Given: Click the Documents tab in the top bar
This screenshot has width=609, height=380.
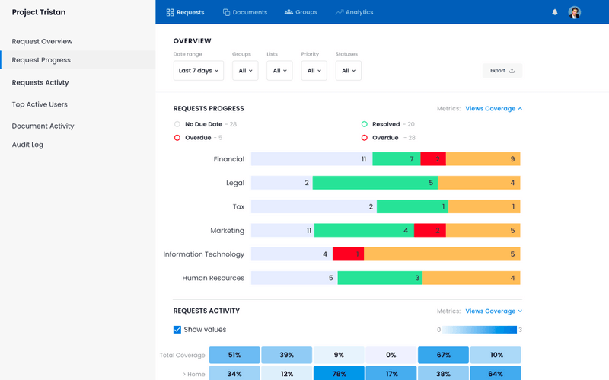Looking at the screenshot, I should pos(245,12).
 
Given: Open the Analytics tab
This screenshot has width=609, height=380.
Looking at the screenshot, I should pos(354,12).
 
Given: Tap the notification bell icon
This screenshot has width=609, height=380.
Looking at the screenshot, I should pos(555,12).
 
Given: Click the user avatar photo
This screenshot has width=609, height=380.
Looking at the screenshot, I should pos(575,12).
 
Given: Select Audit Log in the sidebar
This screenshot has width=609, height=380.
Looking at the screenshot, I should pos(27,145).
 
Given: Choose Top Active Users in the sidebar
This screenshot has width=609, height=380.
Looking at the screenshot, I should pos(40,104).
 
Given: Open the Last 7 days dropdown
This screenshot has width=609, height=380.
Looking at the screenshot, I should pos(198,71).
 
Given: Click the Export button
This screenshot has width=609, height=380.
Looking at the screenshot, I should pos(502,71).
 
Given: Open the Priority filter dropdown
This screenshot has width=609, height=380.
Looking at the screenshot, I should pos(314,71).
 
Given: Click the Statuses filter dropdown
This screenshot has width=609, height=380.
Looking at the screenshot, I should pos(348,71).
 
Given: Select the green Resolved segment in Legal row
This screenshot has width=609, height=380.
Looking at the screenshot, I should pos(375,183).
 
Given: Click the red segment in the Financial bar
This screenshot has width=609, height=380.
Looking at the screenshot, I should pos(433,159).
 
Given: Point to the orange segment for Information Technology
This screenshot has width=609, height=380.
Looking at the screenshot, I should pos(442,254).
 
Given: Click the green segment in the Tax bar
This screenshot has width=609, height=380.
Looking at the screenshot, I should pos(412,206).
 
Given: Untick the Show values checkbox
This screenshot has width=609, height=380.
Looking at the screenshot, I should pos(177,330).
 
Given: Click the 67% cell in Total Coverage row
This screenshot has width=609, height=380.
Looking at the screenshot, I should pos(443,355).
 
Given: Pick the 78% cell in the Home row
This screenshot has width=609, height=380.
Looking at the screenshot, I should pos(339,374).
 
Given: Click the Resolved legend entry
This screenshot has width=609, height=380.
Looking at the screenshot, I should pos(385,124).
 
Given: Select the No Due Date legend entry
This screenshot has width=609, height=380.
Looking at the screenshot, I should pos(202,124).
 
